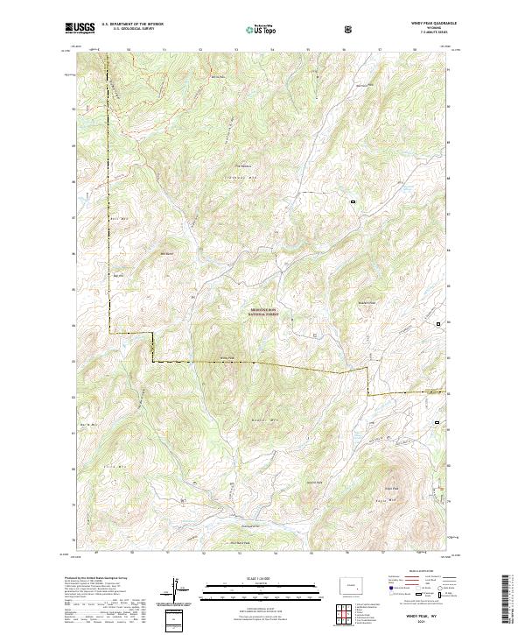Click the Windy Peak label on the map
(x=227, y=357)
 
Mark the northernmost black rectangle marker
(x=353, y=202)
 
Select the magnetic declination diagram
(x=175, y=591)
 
